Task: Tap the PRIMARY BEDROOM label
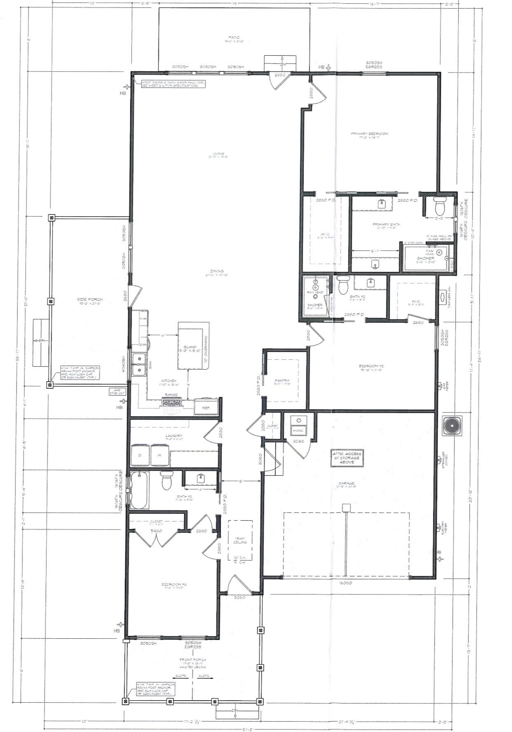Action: click(x=369, y=134)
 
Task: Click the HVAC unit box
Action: click(x=298, y=430)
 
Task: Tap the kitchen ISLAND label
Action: click(x=190, y=347)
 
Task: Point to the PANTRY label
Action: click(x=282, y=380)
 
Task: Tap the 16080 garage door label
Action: click(x=345, y=583)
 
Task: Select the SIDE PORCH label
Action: click(x=89, y=300)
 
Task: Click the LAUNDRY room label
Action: click(x=174, y=436)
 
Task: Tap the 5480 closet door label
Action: click(x=156, y=531)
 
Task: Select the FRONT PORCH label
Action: click(x=193, y=660)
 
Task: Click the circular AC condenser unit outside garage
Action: click(x=452, y=426)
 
